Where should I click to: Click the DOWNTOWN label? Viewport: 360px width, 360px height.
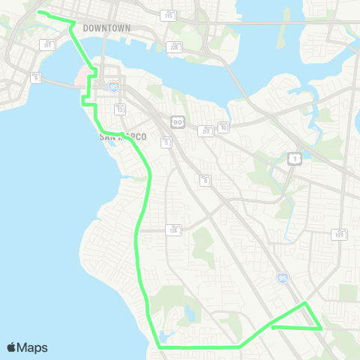(x=106, y=28)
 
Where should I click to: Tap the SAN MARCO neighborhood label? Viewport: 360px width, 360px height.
(x=123, y=137)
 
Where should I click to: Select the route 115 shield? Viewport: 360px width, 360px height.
(x=168, y=15)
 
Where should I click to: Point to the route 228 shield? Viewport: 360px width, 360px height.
(x=175, y=46)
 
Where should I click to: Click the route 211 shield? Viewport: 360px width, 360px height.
(x=49, y=45)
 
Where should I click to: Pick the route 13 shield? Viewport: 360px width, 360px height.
(x=119, y=109)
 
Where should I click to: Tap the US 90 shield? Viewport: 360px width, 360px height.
(x=178, y=121)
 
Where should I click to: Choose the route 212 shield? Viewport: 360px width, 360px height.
(x=206, y=130)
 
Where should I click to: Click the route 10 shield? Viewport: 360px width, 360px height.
(x=223, y=127)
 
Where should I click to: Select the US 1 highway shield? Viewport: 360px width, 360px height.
(x=295, y=159)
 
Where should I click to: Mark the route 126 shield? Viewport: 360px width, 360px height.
(x=173, y=229)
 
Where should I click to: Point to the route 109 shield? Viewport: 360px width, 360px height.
(x=340, y=235)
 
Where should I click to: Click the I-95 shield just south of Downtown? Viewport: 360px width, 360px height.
(x=114, y=87)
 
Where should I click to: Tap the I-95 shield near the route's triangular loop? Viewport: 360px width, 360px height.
(x=281, y=277)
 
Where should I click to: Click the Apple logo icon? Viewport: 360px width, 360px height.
(x=11, y=347)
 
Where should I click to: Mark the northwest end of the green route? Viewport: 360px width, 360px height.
(x=39, y=13)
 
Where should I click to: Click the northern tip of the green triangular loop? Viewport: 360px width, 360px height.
(x=305, y=303)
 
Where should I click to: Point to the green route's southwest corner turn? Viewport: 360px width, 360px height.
(x=160, y=347)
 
